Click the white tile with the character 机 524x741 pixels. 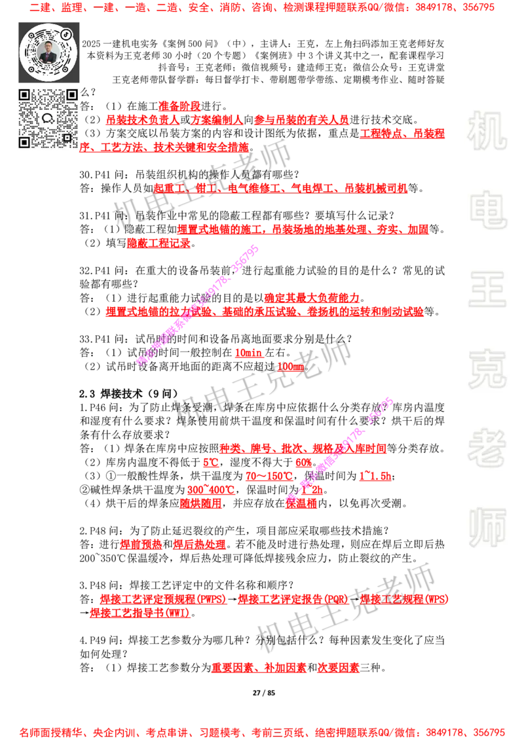click(x=487, y=131)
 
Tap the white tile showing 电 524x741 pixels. click(x=489, y=209)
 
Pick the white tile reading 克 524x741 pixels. click(x=487, y=369)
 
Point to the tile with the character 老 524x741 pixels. click(x=487, y=448)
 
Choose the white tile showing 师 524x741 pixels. click(x=487, y=528)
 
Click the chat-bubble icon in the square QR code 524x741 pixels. click(x=48, y=118)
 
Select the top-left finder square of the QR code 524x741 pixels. click(x=25, y=96)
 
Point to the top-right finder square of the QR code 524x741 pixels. click(x=71, y=96)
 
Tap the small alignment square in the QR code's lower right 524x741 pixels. click(x=67, y=137)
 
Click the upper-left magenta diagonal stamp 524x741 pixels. click(x=198, y=305)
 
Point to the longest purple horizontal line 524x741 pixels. click(x=357, y=321)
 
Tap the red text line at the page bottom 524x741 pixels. click(x=262, y=731)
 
